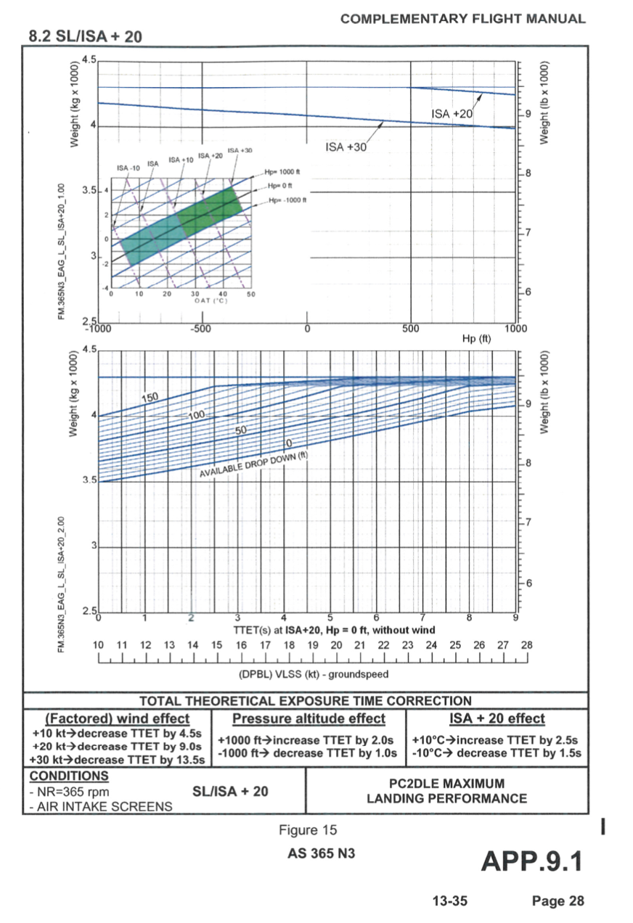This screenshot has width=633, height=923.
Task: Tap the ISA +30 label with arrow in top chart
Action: click(347, 147)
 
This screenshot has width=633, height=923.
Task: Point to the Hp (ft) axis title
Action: click(477, 339)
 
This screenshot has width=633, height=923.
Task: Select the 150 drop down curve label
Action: click(149, 397)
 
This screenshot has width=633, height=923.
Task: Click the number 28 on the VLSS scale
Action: click(527, 645)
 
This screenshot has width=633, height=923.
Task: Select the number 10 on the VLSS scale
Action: click(99, 645)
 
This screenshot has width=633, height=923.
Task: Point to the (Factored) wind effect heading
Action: click(118, 718)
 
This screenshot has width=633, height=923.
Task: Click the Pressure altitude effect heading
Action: click(309, 718)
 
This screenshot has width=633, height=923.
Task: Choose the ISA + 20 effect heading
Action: click(497, 718)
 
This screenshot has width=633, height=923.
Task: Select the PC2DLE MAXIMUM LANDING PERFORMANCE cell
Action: click(446, 791)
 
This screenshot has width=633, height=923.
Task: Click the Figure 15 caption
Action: click(308, 830)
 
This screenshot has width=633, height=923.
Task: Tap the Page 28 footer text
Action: click(558, 901)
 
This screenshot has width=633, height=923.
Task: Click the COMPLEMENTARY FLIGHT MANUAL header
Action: click(462, 19)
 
